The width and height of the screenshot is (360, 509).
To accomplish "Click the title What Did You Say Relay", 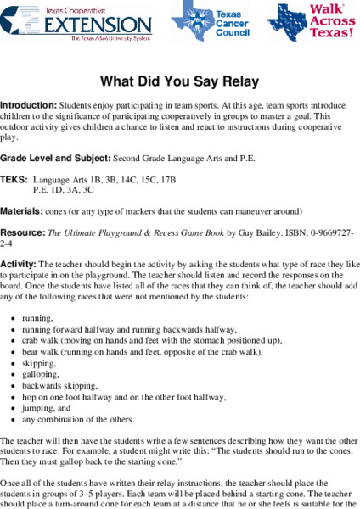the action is [179, 82].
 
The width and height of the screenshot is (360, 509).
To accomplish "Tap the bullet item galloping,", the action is [42, 373].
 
